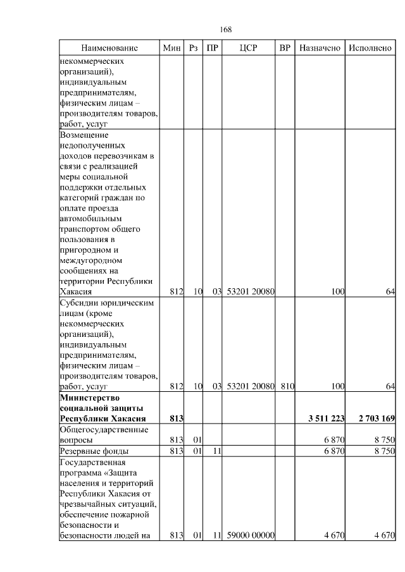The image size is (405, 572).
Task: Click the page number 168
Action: [225, 30]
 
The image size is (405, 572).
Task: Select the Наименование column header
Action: [109, 48]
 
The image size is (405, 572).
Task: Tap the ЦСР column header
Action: [249, 48]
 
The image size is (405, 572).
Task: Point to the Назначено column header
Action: [320, 48]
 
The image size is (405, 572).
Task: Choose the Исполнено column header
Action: [370, 48]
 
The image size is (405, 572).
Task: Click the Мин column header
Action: [172, 48]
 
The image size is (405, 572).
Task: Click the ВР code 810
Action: [286, 385]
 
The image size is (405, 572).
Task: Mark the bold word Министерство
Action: [90, 397]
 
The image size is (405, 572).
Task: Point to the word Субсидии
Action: [77, 302]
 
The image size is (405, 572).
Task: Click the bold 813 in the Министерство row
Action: [176, 418]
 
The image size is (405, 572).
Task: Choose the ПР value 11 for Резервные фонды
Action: [215, 451]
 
